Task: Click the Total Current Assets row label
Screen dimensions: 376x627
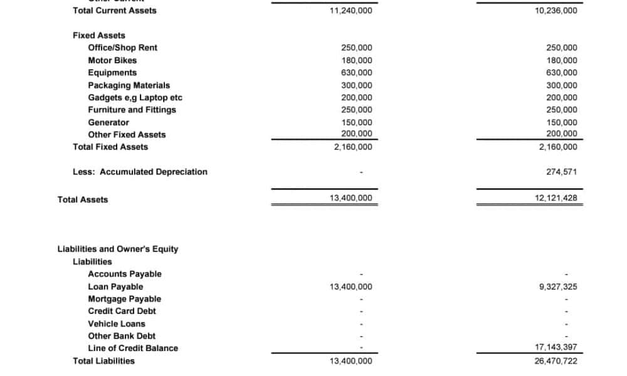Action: tap(115, 11)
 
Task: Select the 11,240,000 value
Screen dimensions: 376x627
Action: tap(350, 11)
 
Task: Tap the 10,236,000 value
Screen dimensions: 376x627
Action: tap(556, 11)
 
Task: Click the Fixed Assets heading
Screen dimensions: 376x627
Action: tap(99, 36)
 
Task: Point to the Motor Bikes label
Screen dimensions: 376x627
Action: tap(112, 60)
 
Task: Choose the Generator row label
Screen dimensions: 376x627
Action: tap(108, 122)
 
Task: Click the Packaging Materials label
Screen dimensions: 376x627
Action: tap(129, 85)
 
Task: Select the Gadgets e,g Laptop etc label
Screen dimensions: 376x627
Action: tap(135, 98)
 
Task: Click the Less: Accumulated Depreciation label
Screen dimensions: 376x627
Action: tap(140, 172)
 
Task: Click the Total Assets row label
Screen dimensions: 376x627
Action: tap(83, 200)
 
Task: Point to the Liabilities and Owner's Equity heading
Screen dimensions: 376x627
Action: tap(118, 249)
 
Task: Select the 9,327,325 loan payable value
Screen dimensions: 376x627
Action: tap(558, 287)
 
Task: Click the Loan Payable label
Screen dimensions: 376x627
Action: tap(115, 286)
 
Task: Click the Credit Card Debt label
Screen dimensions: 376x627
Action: tap(122, 311)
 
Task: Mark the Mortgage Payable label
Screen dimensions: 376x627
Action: tap(124, 299)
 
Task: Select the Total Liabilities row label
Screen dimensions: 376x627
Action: tap(103, 361)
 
